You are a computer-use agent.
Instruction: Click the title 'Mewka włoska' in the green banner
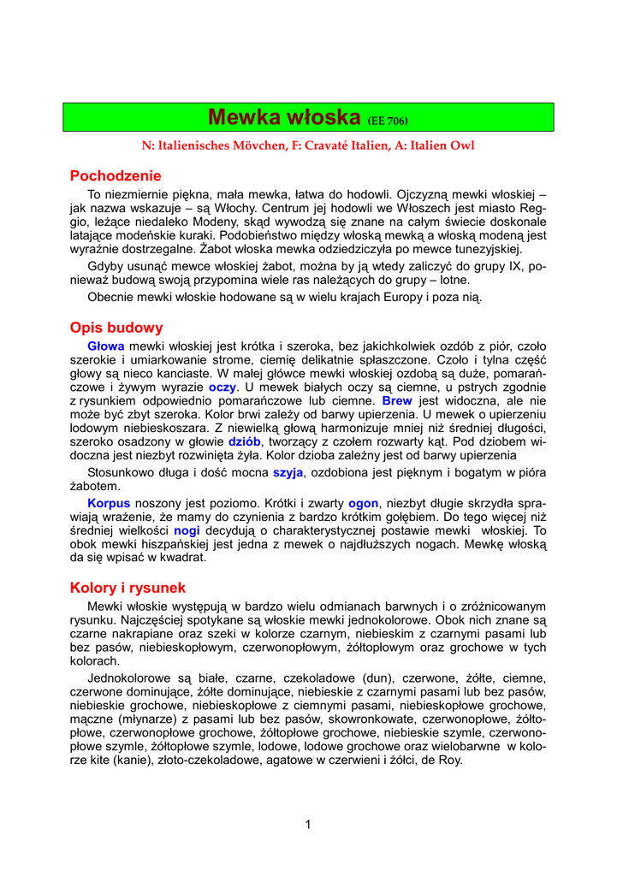click(x=286, y=116)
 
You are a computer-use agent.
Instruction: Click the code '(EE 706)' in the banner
click(x=387, y=120)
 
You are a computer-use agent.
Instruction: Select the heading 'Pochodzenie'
click(x=116, y=176)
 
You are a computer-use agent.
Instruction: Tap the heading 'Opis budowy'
click(x=116, y=328)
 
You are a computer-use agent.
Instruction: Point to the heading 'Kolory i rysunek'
click(x=128, y=588)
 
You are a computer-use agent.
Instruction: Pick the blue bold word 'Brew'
click(x=397, y=400)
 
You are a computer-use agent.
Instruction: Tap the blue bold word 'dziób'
click(x=244, y=441)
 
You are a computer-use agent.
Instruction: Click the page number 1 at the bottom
click(x=308, y=825)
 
